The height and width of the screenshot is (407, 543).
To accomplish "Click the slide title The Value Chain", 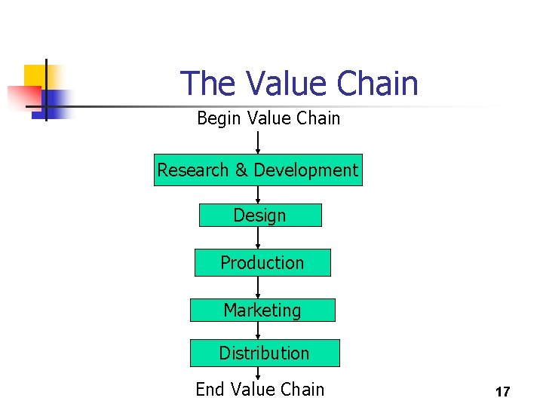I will tap(299, 83).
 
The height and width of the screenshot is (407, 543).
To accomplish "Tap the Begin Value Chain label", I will tap(268, 118).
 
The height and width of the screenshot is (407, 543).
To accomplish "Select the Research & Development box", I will tap(258, 170).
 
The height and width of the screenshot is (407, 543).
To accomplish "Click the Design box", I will tap(259, 216).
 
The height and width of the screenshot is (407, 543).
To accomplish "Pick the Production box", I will tap(262, 263).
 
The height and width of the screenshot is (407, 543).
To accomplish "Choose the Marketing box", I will tap(262, 311).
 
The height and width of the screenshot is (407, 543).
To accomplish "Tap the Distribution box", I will tap(264, 353).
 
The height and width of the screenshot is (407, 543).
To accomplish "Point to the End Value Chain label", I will tap(259, 390).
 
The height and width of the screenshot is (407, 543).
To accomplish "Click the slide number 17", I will tap(502, 392).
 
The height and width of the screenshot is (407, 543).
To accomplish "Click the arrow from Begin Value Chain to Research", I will tap(258, 142).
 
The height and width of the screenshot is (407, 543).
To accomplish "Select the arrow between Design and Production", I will tap(258, 238).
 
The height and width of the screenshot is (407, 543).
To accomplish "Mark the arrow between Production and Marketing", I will tap(258, 288).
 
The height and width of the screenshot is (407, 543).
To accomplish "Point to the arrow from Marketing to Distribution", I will tap(262, 331).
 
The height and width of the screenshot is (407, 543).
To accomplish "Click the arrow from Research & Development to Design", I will tap(258, 194).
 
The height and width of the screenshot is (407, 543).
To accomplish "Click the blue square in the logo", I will tap(57, 103).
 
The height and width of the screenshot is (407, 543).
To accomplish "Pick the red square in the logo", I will tap(23, 96).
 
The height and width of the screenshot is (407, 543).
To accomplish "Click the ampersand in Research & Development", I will tap(241, 170).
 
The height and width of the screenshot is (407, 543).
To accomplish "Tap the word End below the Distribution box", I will tap(210, 390).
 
